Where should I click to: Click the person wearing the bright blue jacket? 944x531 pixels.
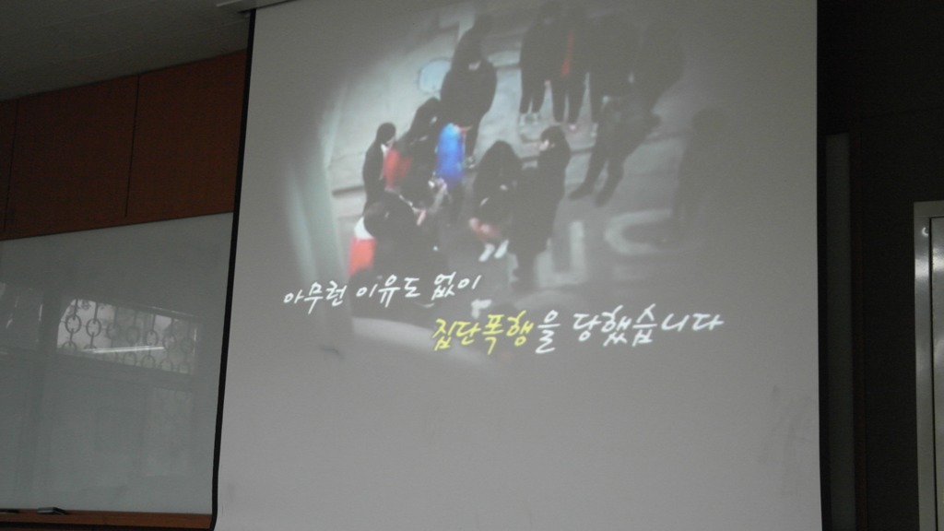[452, 154]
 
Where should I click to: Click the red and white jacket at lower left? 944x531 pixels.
[362, 247]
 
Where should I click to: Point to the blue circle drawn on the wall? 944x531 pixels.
[435, 75]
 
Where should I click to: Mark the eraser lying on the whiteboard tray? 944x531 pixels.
[51, 511]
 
